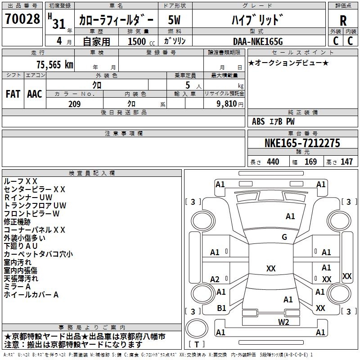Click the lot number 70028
click(22, 19)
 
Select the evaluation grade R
click(343, 21)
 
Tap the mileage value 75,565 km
click(55, 65)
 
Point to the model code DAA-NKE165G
click(258, 41)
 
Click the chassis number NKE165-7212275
click(302, 143)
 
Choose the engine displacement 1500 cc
click(141, 41)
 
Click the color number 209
click(74, 104)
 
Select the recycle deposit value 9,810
click(227, 104)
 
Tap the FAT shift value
click(13, 94)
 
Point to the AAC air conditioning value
click(35, 94)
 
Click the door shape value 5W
click(174, 20)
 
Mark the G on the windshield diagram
click(284, 237)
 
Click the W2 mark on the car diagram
click(283, 322)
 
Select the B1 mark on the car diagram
click(221, 308)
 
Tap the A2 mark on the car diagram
click(215, 279)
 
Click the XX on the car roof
click(271, 268)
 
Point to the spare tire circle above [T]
click(197, 328)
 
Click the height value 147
click(346, 162)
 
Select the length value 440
click(273, 162)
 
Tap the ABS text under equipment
click(258, 121)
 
